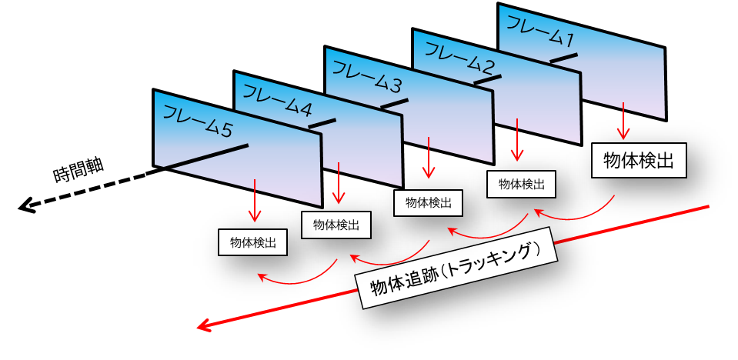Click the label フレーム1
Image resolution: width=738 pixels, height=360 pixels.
[x=538, y=30]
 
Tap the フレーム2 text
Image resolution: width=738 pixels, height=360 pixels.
[x=459, y=58]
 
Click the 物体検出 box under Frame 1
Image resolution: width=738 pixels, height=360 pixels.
[x=639, y=161]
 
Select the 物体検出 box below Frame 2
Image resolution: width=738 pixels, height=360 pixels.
[x=522, y=184]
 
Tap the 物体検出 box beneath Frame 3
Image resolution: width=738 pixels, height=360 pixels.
[x=429, y=203]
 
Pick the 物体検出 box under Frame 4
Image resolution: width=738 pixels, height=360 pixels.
[x=336, y=225]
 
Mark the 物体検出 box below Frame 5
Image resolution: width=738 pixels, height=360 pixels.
[x=253, y=243]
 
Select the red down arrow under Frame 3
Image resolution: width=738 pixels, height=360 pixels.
[x=426, y=160]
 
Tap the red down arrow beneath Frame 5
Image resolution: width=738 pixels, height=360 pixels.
[x=254, y=202]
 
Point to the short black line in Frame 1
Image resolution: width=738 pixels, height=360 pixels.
[x=563, y=57]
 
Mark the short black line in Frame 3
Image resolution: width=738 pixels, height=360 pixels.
[x=394, y=102]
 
